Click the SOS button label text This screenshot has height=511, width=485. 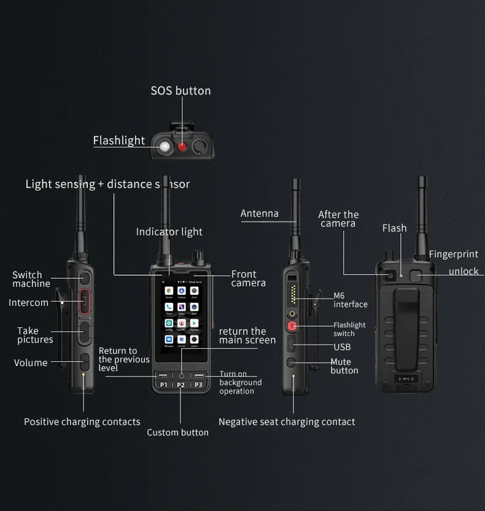(180, 91)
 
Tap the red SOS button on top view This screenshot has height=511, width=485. (182, 147)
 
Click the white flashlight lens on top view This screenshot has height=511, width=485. (165, 147)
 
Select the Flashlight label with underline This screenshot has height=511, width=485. (119, 141)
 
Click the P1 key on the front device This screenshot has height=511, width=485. (163, 385)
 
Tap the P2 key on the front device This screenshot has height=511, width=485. (180, 385)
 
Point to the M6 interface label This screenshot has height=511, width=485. (350, 300)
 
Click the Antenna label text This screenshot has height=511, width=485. (259, 214)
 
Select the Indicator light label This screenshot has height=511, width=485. (169, 232)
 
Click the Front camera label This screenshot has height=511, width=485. (248, 278)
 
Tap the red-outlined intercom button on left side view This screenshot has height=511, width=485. (84, 302)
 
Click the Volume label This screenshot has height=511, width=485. (31, 363)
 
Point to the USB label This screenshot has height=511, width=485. (342, 347)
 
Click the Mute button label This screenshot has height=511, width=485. (344, 366)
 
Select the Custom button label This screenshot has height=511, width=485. (177, 432)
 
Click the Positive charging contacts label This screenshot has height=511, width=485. (82, 422)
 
